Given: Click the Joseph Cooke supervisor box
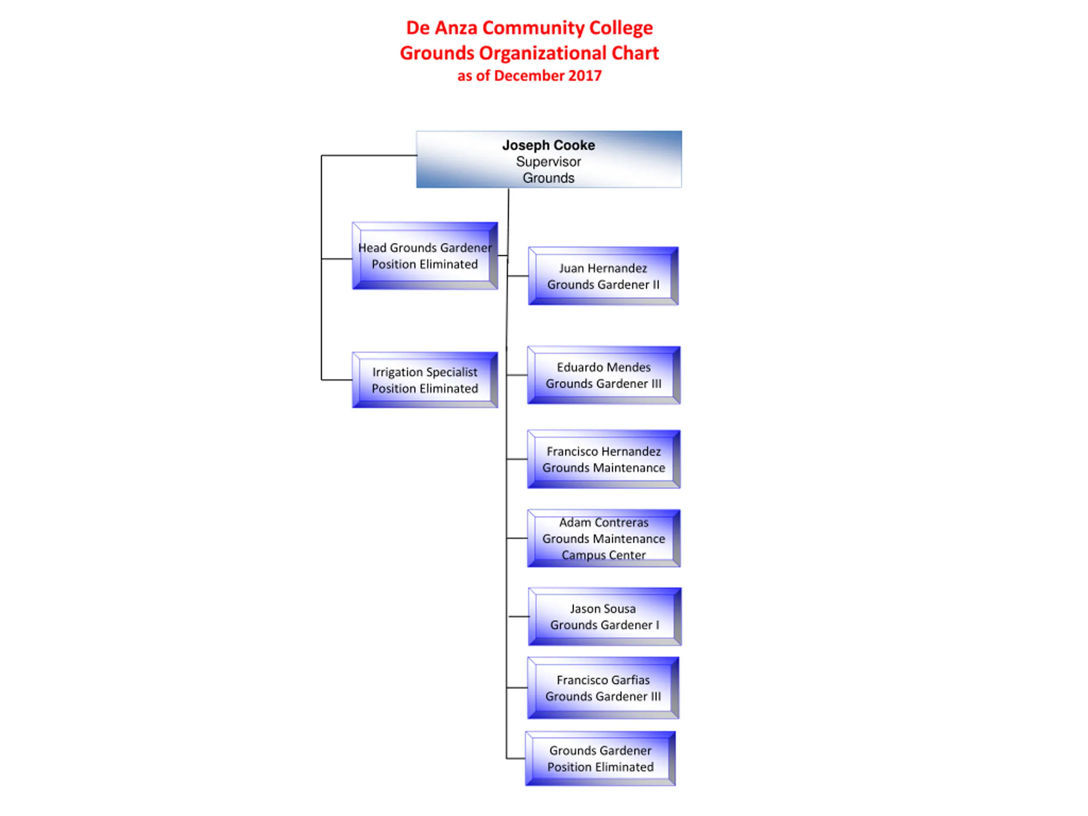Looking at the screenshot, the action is pos(548,159).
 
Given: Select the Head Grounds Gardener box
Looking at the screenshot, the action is pos(425,256).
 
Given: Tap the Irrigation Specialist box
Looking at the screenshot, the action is pos(425,380).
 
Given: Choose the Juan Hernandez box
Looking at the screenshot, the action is pos(603,276).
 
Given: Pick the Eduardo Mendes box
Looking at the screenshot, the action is pos(603,375).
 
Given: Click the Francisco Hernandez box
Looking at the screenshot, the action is pos(603,459).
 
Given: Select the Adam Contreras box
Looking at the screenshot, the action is pos(603,538).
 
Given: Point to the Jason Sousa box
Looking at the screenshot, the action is pos(604,616).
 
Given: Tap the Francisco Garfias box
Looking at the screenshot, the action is pos(603,688).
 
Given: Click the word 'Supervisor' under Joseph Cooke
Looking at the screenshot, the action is pos(548,161).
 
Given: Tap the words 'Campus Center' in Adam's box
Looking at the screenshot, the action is pos(603,555).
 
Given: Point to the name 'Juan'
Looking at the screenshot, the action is pos(570,268).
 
